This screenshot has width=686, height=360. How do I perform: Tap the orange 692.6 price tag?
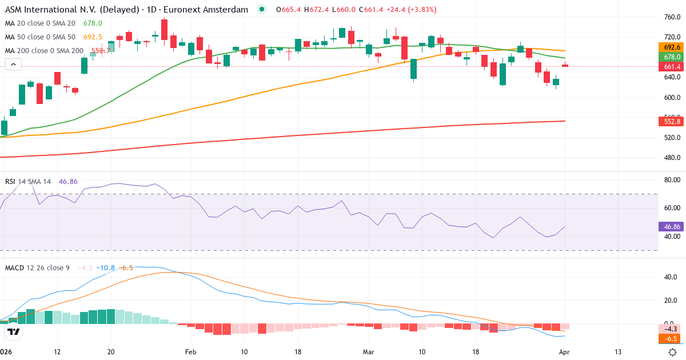click(672, 47)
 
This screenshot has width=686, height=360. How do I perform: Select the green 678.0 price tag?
click(672, 57)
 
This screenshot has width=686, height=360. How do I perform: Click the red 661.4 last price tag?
click(672, 67)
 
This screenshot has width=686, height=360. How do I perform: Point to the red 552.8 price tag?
click(672, 121)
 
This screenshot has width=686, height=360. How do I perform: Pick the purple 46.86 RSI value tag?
click(672, 226)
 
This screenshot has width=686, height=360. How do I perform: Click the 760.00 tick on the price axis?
click(671, 17)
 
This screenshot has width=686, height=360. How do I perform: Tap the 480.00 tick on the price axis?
click(671, 158)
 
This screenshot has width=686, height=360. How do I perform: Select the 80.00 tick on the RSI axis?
click(671, 180)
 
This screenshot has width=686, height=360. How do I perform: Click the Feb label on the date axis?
click(191, 353)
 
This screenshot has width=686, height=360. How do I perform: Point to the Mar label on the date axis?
click(368, 353)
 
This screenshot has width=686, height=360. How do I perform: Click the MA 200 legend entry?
click(43, 50)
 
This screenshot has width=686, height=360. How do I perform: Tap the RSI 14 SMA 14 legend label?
click(28, 181)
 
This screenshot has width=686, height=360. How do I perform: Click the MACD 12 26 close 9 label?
click(37, 267)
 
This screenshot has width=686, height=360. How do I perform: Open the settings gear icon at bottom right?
click(673, 353)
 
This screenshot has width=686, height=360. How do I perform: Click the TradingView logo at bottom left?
click(14, 331)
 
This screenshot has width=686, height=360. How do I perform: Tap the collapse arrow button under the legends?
click(13, 65)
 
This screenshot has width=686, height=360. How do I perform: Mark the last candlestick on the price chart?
click(565, 65)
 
